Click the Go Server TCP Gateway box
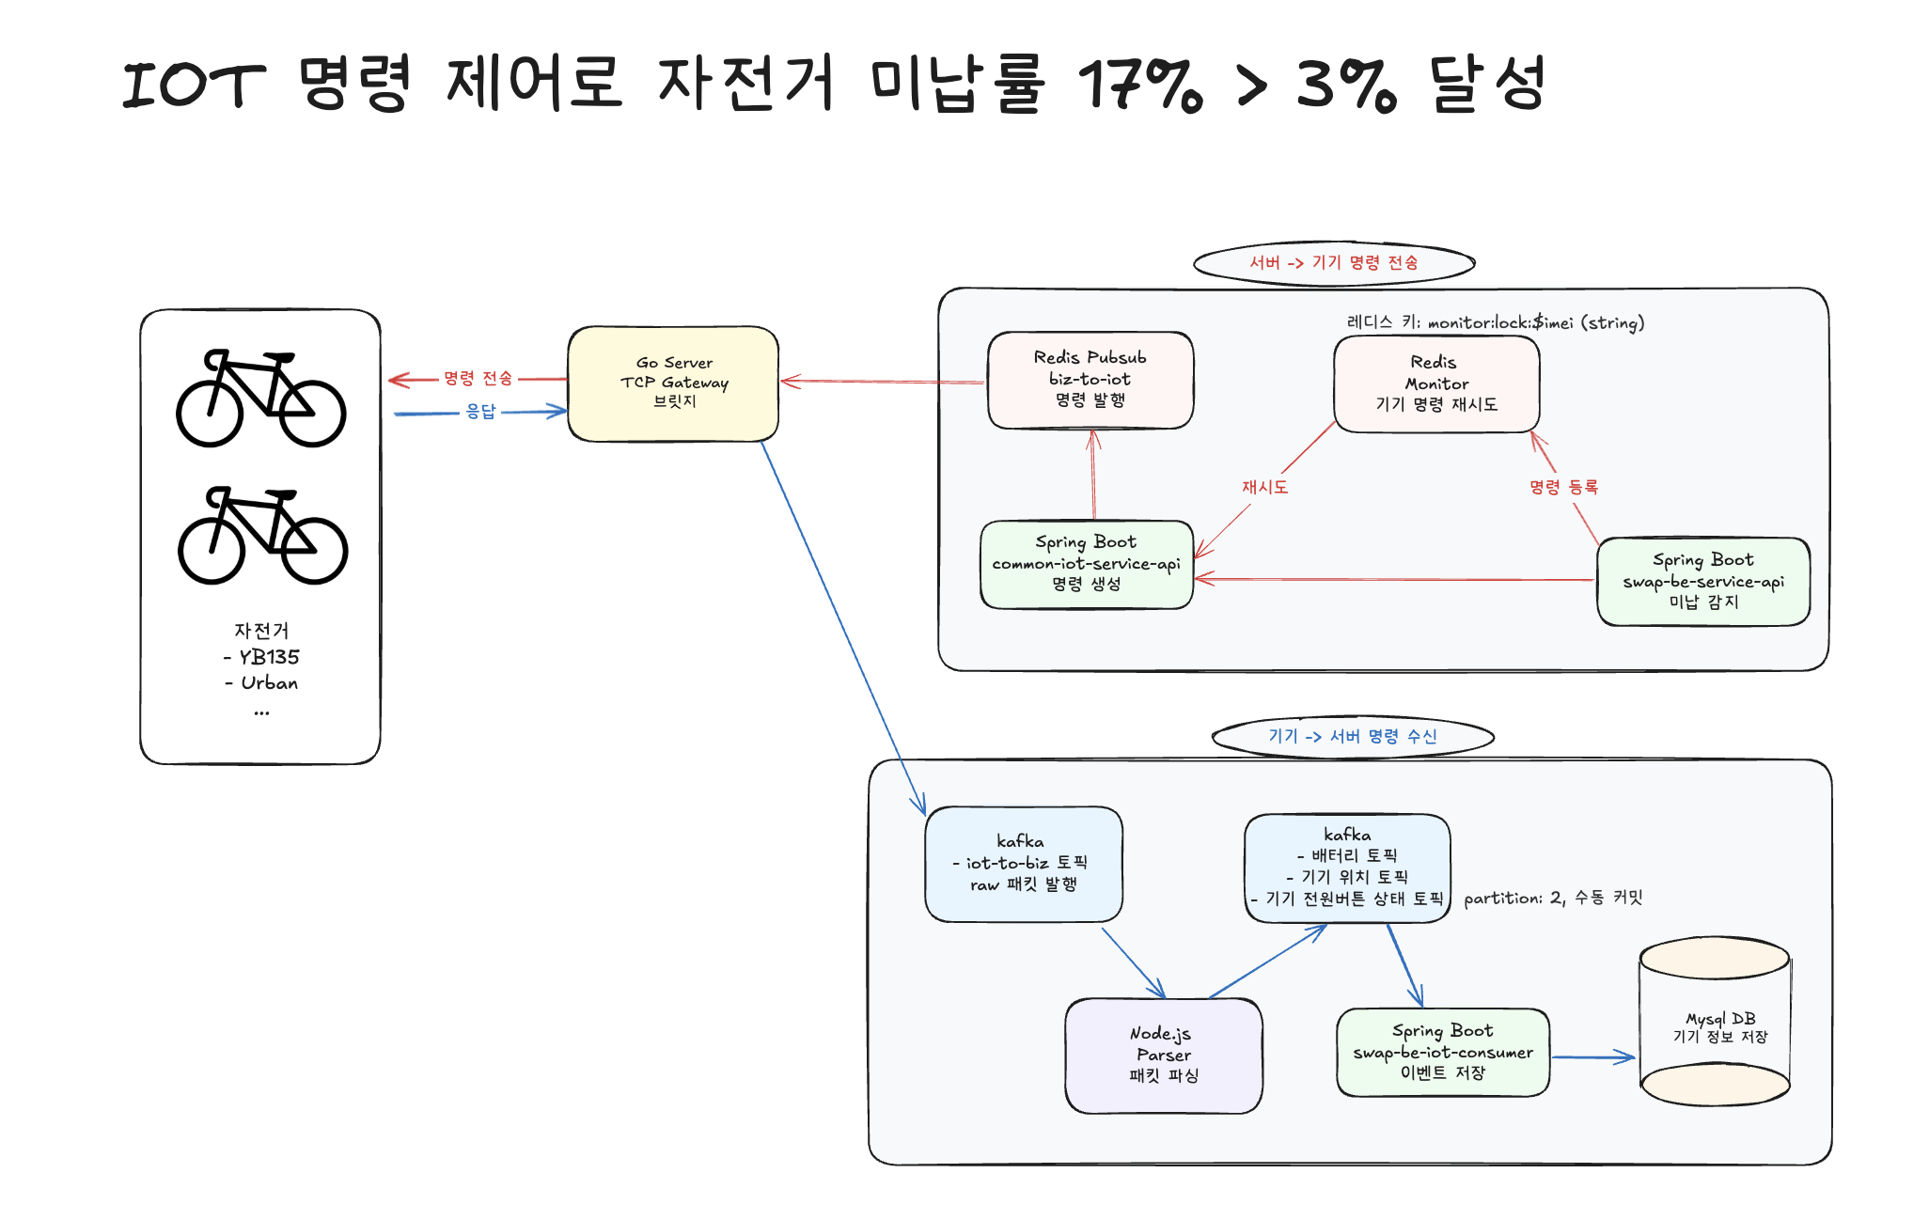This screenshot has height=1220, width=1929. tap(673, 383)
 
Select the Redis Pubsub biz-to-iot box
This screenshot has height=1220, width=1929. tap(1090, 380)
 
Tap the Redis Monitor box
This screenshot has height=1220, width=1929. tap(1436, 383)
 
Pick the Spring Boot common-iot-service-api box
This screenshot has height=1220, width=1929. tap(1087, 564)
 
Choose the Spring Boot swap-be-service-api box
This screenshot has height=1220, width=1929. tap(1703, 581)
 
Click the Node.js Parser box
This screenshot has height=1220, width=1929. tap(1164, 1055)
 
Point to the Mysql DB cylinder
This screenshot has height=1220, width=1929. tap(1715, 1024)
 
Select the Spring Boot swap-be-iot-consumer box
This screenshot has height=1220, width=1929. tap(1443, 1052)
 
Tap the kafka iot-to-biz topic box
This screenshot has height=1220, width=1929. tap(1023, 863)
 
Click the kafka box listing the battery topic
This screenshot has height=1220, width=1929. tap(1347, 868)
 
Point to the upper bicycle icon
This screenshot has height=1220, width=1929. tap(261, 399)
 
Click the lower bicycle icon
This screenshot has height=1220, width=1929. tap(262, 535)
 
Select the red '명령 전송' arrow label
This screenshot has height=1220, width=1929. tap(478, 379)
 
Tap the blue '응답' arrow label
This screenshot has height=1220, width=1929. tap(480, 412)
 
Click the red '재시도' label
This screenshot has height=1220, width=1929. tap(1264, 487)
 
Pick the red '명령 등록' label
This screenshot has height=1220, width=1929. tap(1563, 487)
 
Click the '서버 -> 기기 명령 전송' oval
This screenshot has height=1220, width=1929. tap(1334, 262)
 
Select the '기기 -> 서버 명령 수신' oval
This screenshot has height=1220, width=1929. tap(1353, 736)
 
